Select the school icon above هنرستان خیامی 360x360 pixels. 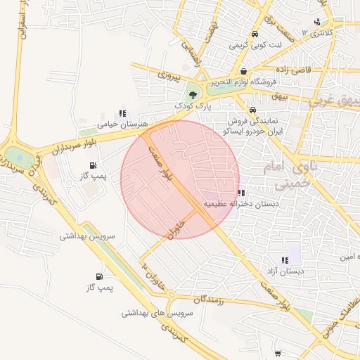[x=123, y=112]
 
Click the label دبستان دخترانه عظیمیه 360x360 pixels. [x=241, y=204]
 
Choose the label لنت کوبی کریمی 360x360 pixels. [x=253, y=45]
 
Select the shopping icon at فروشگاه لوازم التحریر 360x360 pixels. [x=243, y=71]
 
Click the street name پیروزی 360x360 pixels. [x=169, y=73]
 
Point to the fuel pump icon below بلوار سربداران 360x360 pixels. [x=94, y=165]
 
